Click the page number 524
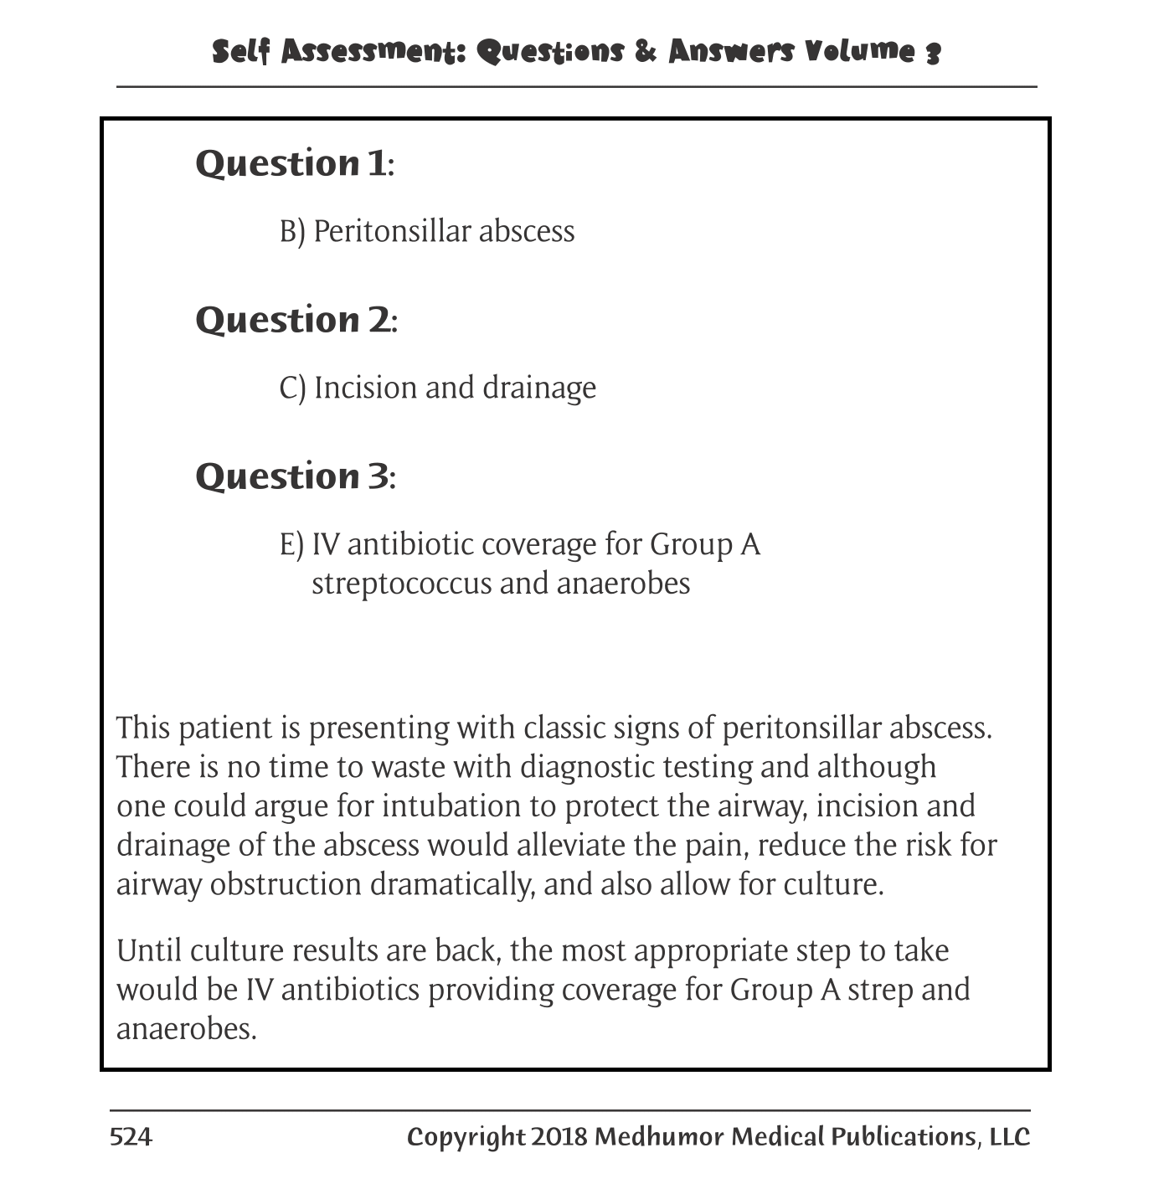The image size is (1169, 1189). (x=131, y=1136)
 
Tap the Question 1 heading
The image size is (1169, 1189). (x=294, y=163)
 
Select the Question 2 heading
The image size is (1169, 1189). (x=296, y=320)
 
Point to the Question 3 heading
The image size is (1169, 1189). (x=295, y=476)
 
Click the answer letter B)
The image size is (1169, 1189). (x=292, y=231)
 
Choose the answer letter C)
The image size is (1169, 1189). (x=292, y=388)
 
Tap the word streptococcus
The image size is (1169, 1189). (x=401, y=583)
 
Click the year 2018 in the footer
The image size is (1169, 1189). (x=559, y=1136)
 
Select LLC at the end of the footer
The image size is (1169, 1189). (x=1009, y=1136)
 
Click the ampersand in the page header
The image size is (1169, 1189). (x=646, y=52)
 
